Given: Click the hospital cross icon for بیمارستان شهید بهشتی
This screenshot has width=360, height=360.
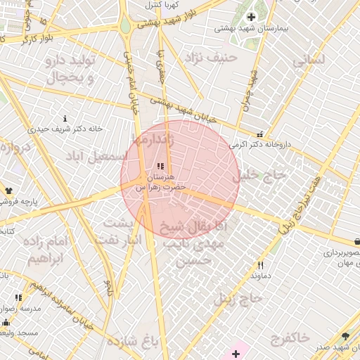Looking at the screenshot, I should [x=251, y=17].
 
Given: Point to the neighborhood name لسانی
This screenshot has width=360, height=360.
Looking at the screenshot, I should [x=309, y=60].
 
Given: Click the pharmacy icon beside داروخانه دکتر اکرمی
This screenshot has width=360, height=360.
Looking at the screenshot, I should [x=260, y=134].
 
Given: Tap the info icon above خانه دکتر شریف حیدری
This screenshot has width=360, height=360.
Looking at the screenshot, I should [x=65, y=118].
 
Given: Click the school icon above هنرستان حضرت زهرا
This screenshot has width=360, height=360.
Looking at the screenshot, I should [x=161, y=167].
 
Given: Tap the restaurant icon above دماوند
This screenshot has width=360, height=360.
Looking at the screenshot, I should [x=260, y=265].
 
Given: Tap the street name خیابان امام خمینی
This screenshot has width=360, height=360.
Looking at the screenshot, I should [x=131, y=84].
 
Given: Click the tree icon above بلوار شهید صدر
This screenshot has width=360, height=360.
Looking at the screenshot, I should [x=345, y=337].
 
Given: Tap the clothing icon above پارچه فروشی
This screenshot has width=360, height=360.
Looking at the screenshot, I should [x=8, y=190].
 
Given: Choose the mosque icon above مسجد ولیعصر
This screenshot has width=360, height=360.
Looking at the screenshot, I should [x=6, y=322].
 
